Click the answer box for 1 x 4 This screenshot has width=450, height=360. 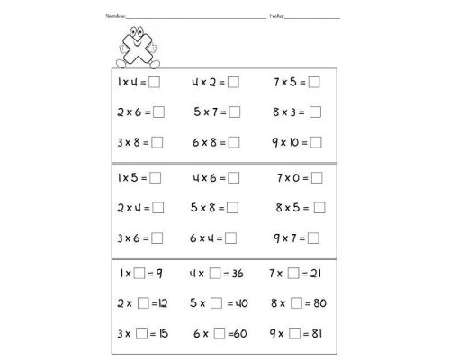156,83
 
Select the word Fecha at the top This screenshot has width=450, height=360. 276,17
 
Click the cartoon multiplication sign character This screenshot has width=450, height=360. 137,48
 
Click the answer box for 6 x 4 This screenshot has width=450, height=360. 230,238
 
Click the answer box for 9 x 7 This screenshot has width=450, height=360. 314,238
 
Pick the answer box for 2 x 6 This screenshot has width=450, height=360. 159,112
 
